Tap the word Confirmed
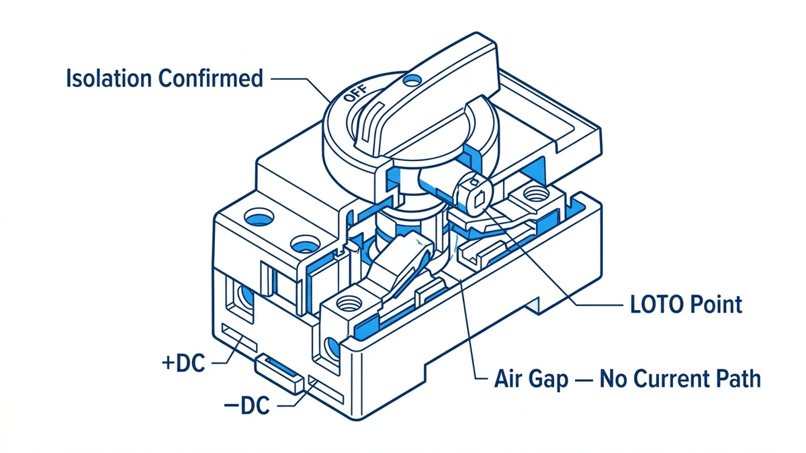(x=210, y=79)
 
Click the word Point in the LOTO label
(x=717, y=304)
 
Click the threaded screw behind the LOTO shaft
(x=534, y=196)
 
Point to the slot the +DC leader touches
(x=238, y=336)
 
